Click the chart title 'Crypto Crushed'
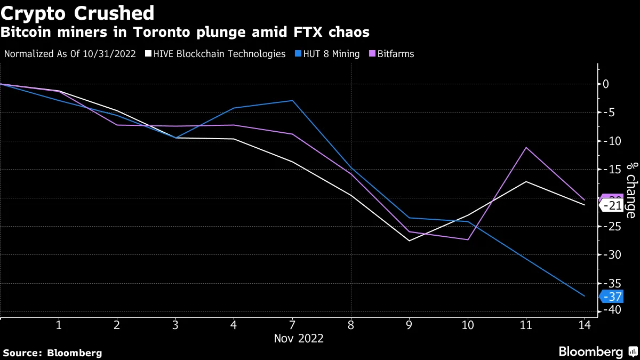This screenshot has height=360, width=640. coord(77,13)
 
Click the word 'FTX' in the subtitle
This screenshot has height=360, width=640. coord(307,33)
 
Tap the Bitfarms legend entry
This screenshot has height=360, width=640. coord(395,54)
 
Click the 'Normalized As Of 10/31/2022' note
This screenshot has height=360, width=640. coord(69,54)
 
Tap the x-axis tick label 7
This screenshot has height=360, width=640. coord(292,325)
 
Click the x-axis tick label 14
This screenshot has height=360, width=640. coord(585,325)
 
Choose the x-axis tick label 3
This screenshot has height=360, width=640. coord(175,325)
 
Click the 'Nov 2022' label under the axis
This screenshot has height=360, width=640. coord(299,338)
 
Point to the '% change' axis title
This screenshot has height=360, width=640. coord(631,190)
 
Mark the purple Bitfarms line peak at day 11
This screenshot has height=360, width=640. coord(526,147)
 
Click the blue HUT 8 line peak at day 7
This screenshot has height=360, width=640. coord(292,100)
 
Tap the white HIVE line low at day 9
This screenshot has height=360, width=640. coord(409,241)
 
